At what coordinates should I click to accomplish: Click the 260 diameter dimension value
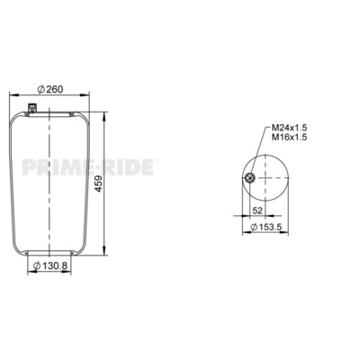(55, 89)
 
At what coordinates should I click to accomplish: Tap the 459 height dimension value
(99, 184)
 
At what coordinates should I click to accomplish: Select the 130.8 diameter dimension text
(56, 265)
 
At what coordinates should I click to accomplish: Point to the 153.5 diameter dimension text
(270, 227)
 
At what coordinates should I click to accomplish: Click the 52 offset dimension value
(257, 211)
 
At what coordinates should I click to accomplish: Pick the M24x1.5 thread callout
(290, 128)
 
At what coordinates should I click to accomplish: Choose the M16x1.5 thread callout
(290, 137)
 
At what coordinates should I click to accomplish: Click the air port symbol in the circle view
(249, 178)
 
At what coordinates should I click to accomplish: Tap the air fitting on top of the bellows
(31, 108)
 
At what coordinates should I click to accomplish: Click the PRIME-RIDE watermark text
(89, 167)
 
